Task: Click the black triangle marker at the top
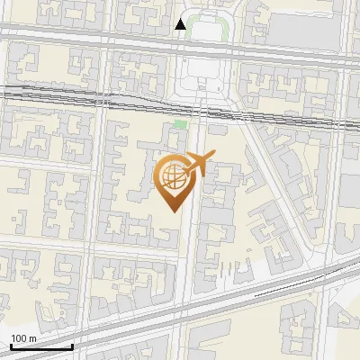click(181, 24)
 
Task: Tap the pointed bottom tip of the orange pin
click(172, 210)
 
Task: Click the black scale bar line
click(41, 346)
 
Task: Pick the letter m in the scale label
click(33, 338)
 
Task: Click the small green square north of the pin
click(180, 124)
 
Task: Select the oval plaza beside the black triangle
click(207, 30)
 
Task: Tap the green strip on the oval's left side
click(190, 31)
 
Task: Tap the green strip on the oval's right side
click(223, 31)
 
